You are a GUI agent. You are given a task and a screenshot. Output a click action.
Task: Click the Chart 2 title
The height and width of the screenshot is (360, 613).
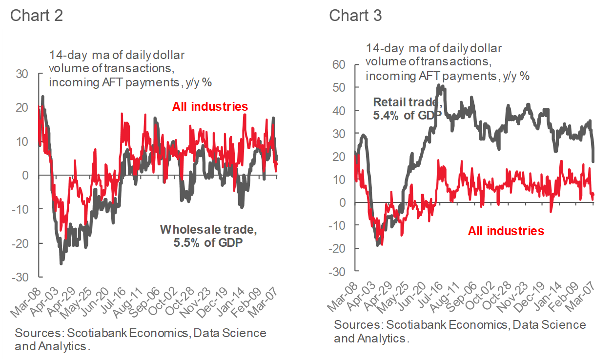(37, 15)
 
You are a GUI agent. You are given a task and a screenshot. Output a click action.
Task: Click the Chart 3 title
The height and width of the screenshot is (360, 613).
(355, 15)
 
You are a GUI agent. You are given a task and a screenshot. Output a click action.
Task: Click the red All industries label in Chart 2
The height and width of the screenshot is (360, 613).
(210, 106)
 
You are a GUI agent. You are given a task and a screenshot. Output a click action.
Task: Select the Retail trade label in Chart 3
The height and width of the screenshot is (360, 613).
(408, 103)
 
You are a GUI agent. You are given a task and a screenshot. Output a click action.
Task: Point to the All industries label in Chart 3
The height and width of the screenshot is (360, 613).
(506, 231)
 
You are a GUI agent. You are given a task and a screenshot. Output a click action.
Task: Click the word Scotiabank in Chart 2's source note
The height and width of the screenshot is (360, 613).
(81, 334)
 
